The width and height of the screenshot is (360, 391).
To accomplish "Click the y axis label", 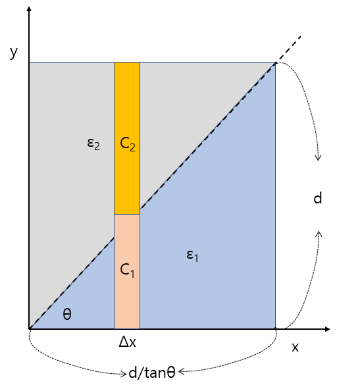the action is pos(14,52).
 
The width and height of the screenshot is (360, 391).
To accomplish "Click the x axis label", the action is pos(296,347).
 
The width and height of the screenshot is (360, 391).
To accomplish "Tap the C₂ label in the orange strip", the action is pos(128,144).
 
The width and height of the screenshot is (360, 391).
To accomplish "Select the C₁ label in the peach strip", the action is pos(127,270).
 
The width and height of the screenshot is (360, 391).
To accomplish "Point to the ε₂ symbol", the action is pos(93,144).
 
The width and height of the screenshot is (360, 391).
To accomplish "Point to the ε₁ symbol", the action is pos(192,255).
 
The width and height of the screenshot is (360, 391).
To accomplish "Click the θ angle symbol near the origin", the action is pos(67,314).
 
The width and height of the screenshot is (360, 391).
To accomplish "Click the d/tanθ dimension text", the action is pos(152,373).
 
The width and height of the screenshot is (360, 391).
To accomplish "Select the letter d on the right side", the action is pos(318,198).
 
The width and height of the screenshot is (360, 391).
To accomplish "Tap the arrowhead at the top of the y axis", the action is pos(29,9).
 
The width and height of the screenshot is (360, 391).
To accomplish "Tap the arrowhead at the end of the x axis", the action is pos(328,329).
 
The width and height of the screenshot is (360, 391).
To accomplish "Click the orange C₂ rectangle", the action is pos(127,138).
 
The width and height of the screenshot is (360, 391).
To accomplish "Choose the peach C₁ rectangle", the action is pos(127,271).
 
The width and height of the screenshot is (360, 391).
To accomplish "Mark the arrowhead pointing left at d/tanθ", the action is pos(181,371).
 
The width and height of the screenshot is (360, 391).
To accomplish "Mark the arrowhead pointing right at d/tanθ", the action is pos(124,374).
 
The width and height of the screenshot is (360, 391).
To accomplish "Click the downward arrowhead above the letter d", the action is pos(318,158).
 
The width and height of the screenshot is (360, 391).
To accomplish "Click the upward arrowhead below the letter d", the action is pos(319,234).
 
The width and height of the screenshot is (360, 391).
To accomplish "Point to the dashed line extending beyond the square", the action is pos(289,49).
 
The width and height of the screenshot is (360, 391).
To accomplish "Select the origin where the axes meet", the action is pos(30,329).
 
